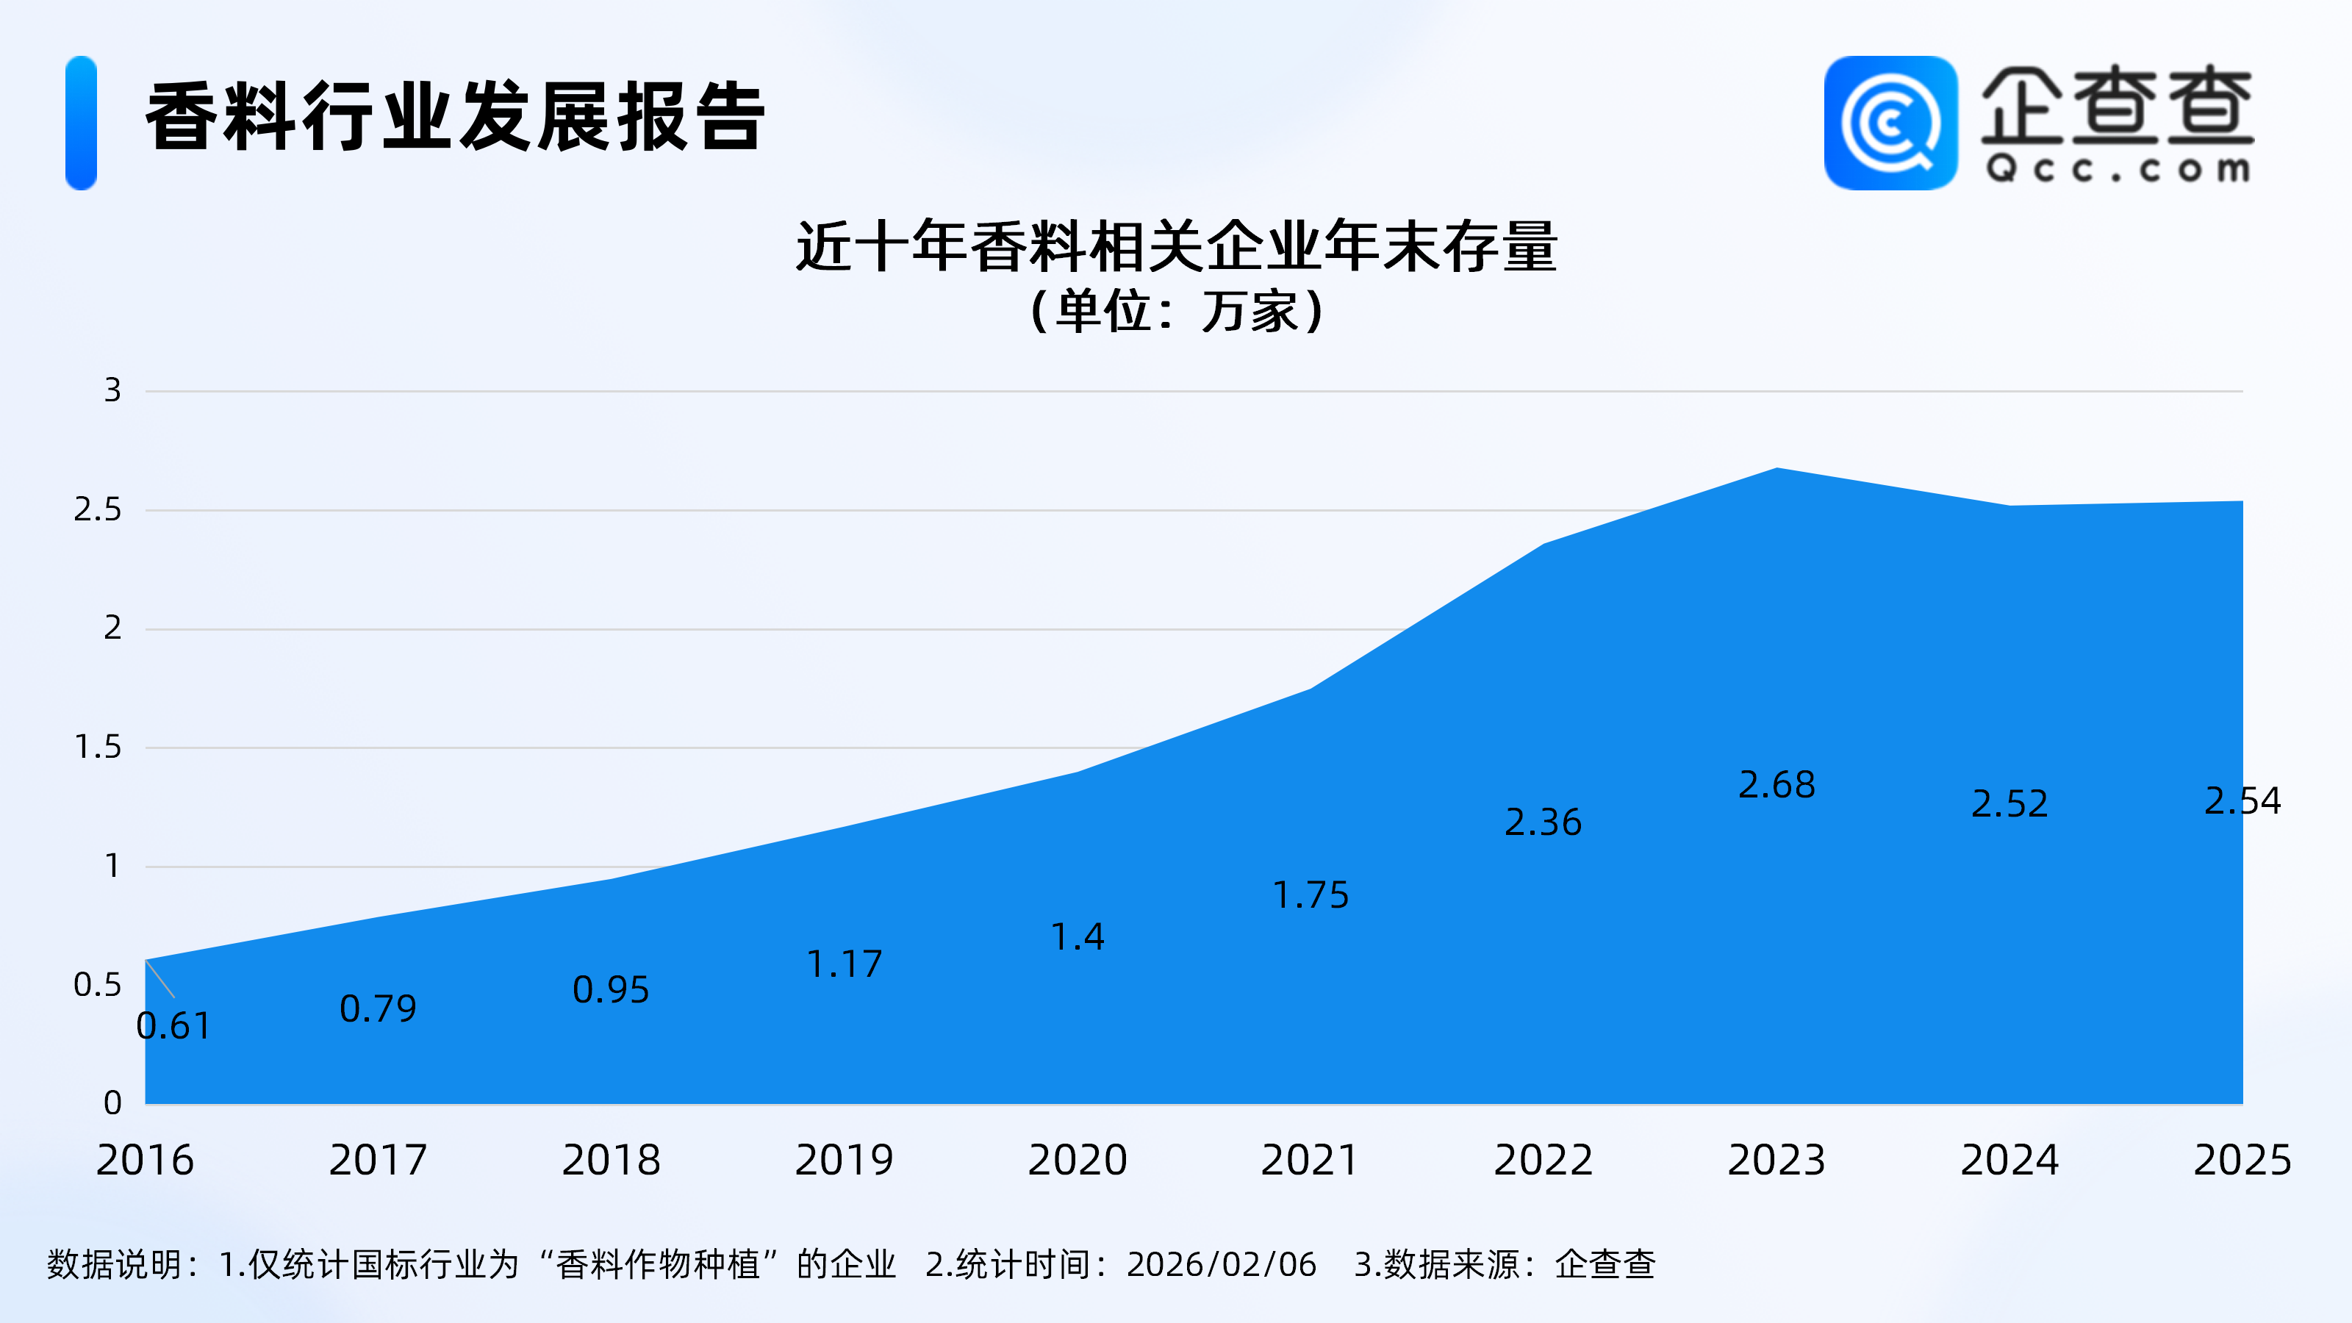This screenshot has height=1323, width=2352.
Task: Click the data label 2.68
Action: pyautogui.click(x=1776, y=784)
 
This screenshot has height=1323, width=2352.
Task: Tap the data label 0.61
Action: pyautogui.click(x=173, y=1026)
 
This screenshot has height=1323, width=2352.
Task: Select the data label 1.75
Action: pyautogui.click(x=1311, y=894)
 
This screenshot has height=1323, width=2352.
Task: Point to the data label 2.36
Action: pyautogui.click(x=1543, y=822)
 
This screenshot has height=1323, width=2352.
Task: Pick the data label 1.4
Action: pyautogui.click(x=1078, y=937)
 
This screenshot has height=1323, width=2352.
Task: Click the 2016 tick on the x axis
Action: pyautogui.click(x=146, y=1160)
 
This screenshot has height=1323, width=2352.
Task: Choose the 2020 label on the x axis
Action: pyautogui.click(x=1078, y=1160)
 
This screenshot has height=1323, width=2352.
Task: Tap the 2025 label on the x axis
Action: pyautogui.click(x=2242, y=1160)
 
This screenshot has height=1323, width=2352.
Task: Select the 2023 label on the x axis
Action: pyautogui.click(x=1776, y=1160)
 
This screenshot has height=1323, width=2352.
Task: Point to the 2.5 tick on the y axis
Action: pyautogui.click(x=98, y=509)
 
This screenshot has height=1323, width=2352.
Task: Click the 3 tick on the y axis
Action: pyautogui.click(x=112, y=391)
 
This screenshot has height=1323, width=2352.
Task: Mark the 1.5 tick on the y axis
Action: pyautogui.click(x=98, y=747)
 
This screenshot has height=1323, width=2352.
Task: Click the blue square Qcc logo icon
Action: pyautogui.click(x=1890, y=123)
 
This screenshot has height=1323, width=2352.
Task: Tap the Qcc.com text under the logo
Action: pyautogui.click(x=2118, y=169)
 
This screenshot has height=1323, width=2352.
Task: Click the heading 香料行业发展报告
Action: pyautogui.click(x=455, y=117)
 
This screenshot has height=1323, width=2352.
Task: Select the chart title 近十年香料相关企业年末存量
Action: pyautogui.click(x=1176, y=246)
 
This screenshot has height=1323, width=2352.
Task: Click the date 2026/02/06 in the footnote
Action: pyautogui.click(x=1222, y=1264)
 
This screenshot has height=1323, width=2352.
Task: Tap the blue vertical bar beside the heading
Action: pyautogui.click(x=82, y=123)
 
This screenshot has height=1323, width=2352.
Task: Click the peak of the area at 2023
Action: pyautogui.click(x=1776, y=470)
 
